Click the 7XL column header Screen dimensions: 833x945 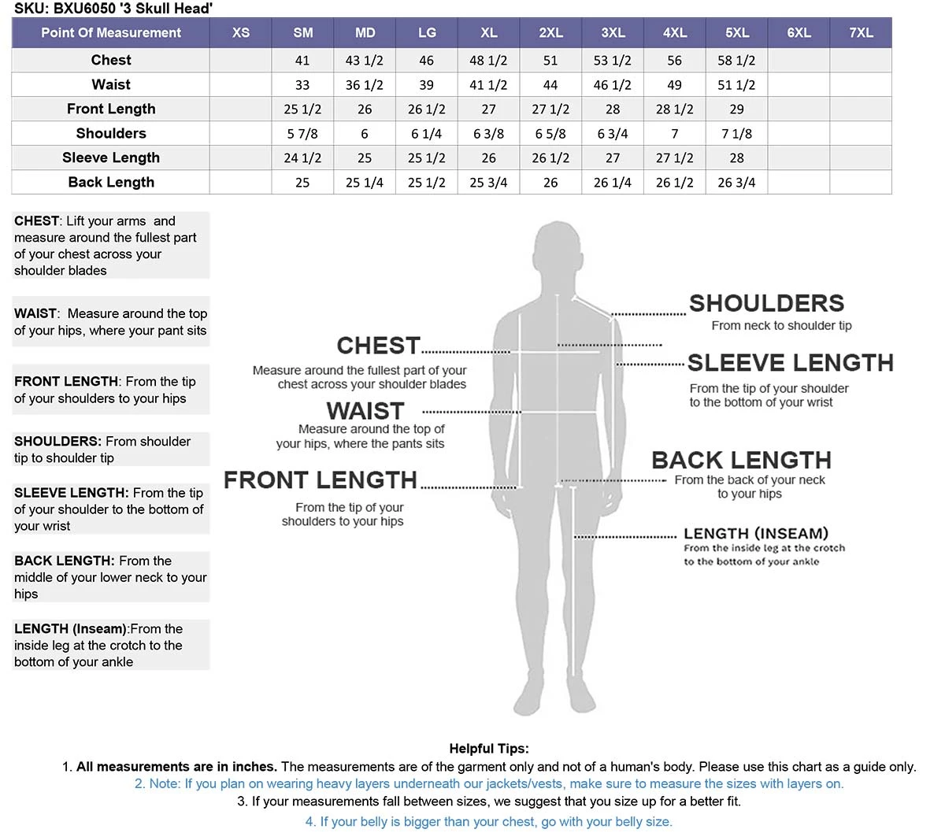pyautogui.click(x=861, y=33)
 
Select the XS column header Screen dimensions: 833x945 pyautogui.click(x=241, y=33)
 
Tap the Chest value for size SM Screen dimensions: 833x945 pyautogui.click(x=302, y=61)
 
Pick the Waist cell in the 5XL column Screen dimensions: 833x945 pyautogui.click(x=736, y=85)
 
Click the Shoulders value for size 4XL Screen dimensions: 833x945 pyautogui.click(x=674, y=134)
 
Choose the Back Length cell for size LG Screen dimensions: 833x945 pyautogui.click(x=426, y=183)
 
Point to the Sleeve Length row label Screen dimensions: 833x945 pyautogui.click(x=111, y=157)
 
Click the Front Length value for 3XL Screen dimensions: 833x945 pyautogui.click(x=613, y=109)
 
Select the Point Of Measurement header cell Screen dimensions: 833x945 pyautogui.click(x=111, y=33)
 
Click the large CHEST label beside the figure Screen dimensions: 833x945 pyautogui.click(x=378, y=346)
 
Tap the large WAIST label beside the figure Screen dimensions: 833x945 pyautogui.click(x=365, y=411)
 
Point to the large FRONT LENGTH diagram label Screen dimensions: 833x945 pyautogui.click(x=320, y=479)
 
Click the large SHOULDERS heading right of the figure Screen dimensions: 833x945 pyautogui.click(x=766, y=303)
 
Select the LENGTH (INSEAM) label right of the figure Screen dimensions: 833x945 pyautogui.click(x=755, y=534)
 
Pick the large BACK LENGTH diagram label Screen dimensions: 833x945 pyautogui.click(x=741, y=460)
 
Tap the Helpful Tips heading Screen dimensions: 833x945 pyautogui.click(x=489, y=749)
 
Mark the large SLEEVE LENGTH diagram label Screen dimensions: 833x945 pyautogui.click(x=790, y=362)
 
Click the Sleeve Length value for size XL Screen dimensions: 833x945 pyautogui.click(x=488, y=158)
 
